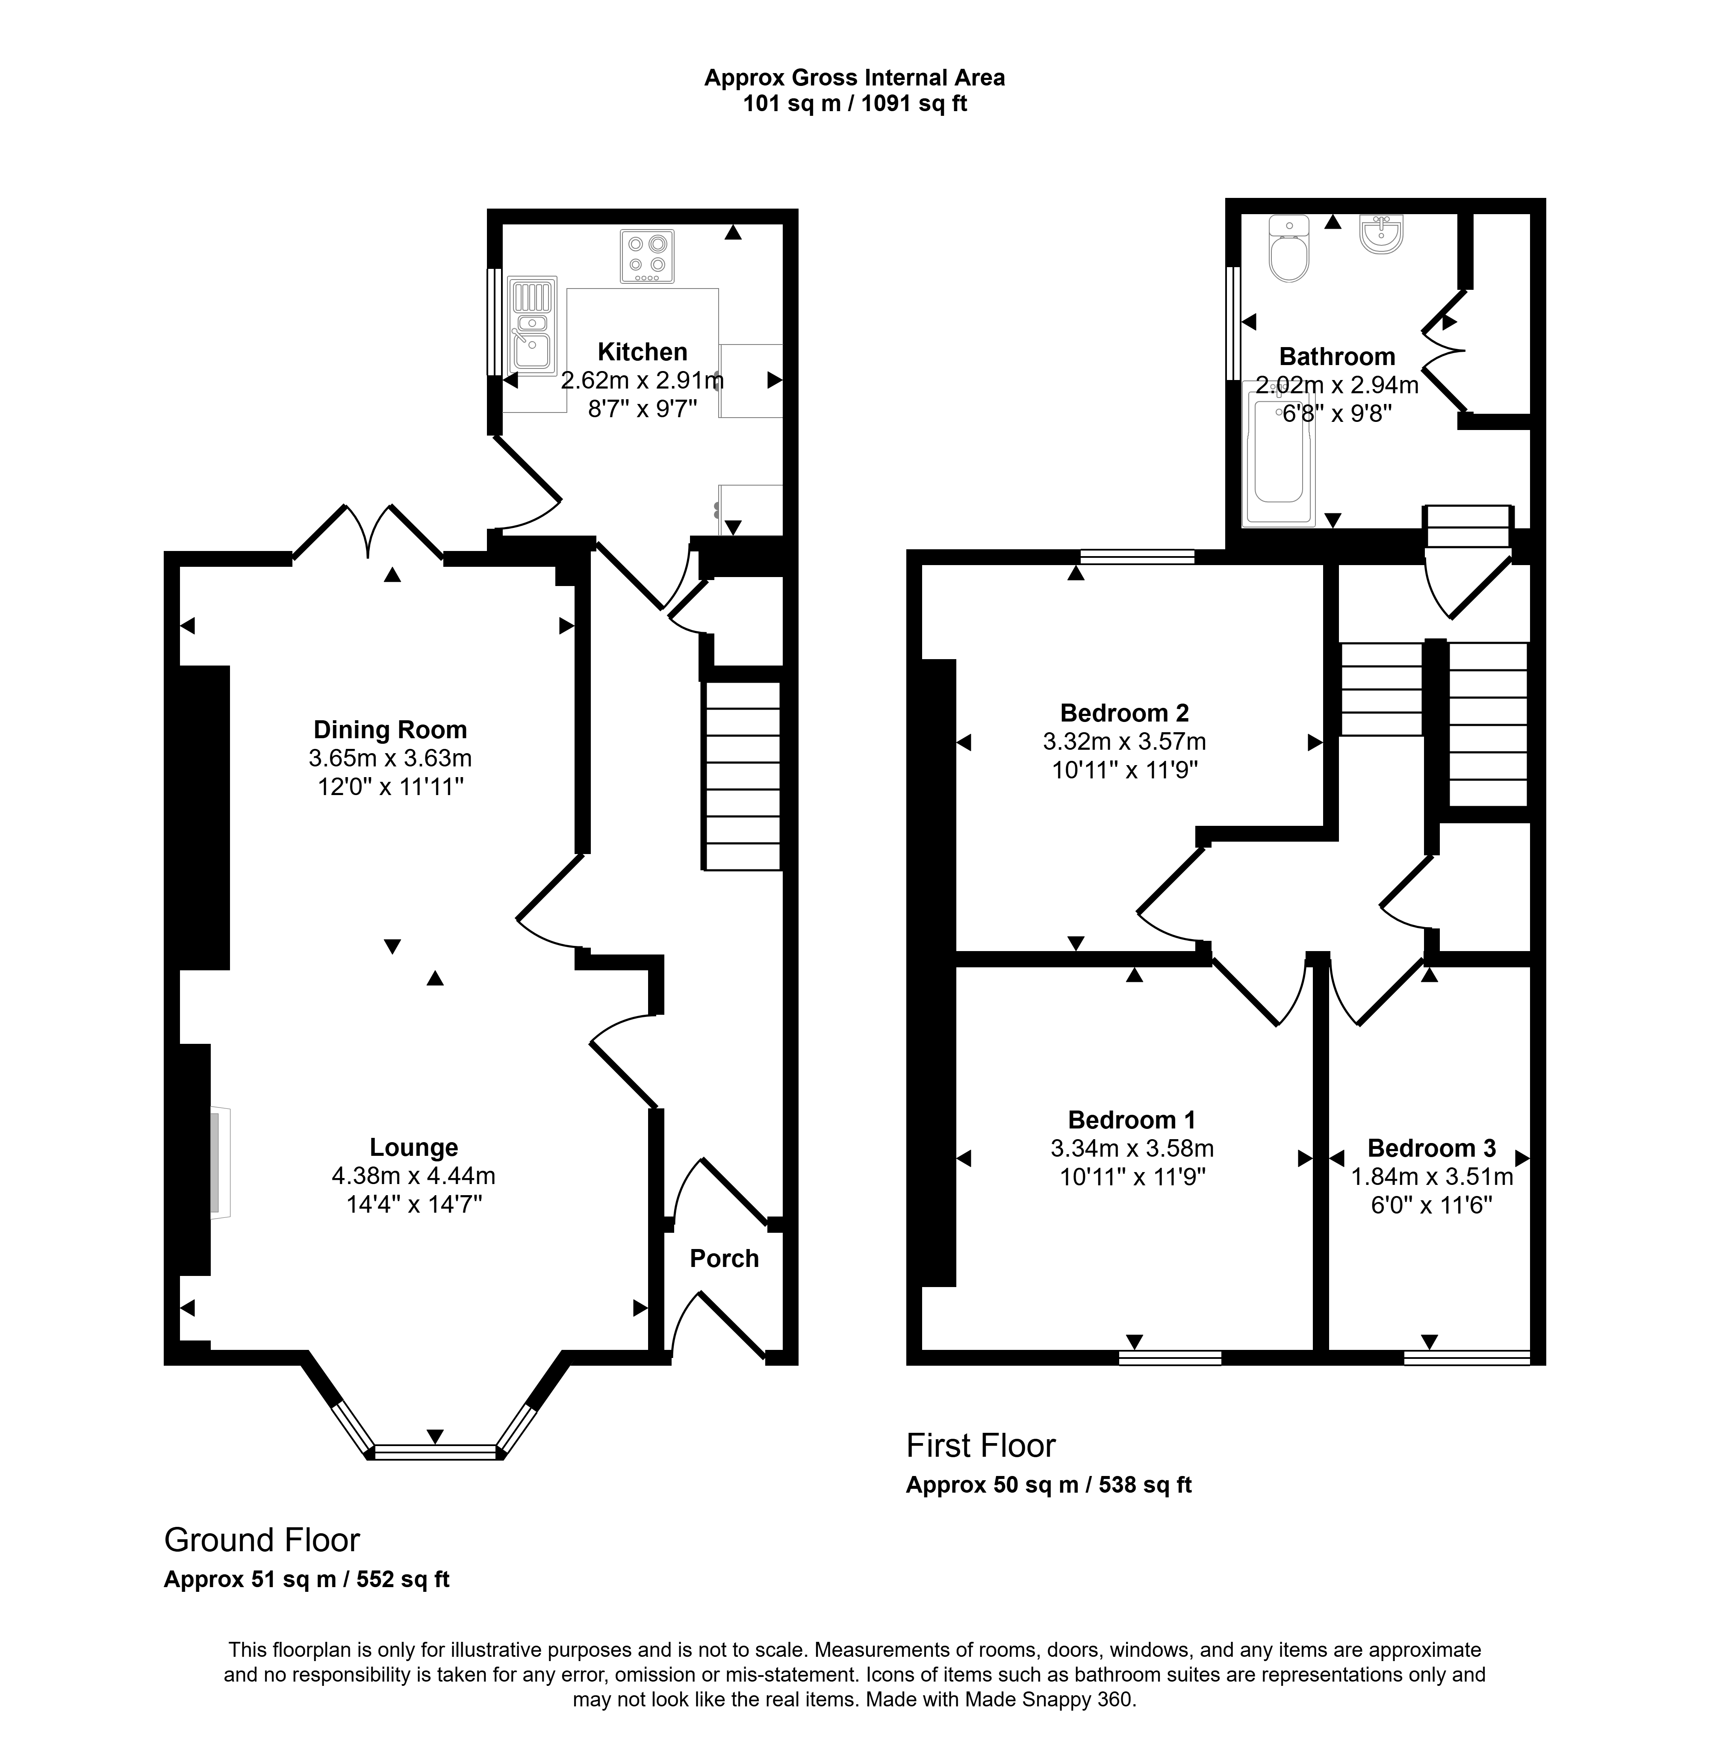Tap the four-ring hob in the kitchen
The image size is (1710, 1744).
click(647, 257)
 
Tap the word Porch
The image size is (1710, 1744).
click(724, 1259)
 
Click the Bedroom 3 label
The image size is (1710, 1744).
click(1432, 1149)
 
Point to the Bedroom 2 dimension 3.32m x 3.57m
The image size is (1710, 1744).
click(1124, 742)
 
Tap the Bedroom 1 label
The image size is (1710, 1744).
click(1132, 1120)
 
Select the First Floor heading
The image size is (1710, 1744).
click(981, 1446)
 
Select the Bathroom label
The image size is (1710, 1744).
click(1336, 356)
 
